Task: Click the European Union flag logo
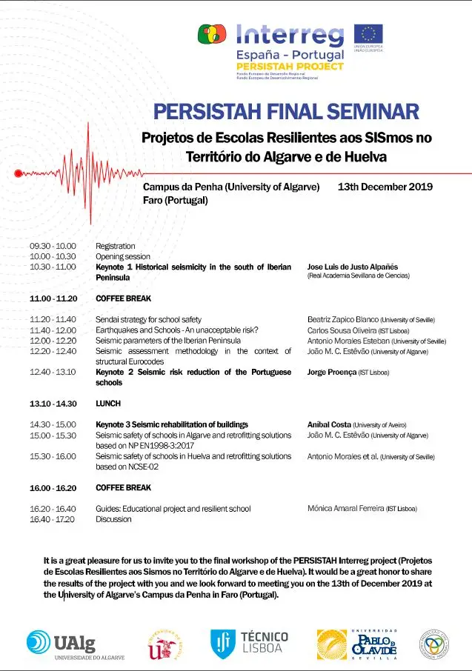368,35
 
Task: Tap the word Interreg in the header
290,35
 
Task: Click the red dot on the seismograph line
19,173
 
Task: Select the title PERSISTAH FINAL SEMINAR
286,112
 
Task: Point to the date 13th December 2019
385,187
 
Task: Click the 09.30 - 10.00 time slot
53,246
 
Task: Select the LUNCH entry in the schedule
108,404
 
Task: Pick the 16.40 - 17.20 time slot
53,519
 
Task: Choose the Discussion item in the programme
113,519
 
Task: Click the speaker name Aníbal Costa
329,425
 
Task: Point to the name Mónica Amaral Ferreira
345,509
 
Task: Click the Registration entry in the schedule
116,246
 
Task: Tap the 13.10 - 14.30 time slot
53,404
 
